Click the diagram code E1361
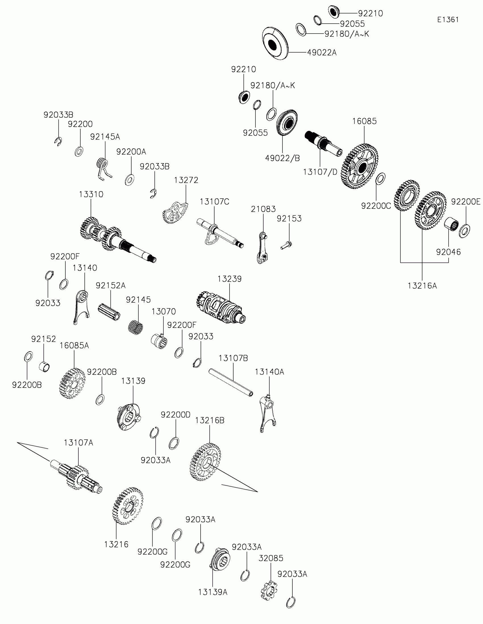pos(448,20)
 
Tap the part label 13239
pos(229,279)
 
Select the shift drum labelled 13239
pos(220,308)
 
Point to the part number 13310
pos(91,194)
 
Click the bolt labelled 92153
pos(286,246)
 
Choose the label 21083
pos(263,209)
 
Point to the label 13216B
pos(210,420)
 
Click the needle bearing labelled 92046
pos(451,224)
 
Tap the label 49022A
pos(322,53)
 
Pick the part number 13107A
pos(78,443)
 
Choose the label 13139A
pos(213,592)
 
